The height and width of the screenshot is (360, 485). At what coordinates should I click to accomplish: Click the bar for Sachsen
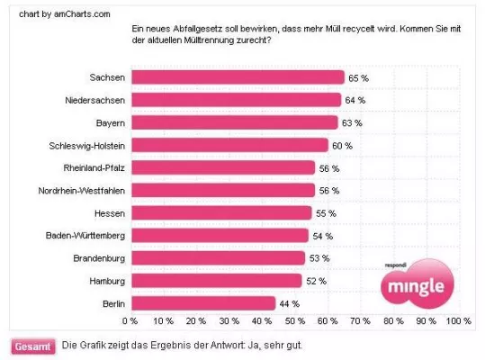[238, 77]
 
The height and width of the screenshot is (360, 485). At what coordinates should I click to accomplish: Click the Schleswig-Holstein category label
[86, 145]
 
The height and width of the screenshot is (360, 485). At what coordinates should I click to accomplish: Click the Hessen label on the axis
[108, 213]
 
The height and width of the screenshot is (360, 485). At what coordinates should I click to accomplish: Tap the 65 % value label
[359, 78]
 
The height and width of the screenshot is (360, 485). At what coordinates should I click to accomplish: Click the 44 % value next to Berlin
[290, 304]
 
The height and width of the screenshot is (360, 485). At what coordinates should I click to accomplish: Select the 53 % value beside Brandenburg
[319, 258]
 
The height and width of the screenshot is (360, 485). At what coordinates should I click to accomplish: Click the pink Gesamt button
[31, 346]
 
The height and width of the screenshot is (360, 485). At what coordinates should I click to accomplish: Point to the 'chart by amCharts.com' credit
[46, 13]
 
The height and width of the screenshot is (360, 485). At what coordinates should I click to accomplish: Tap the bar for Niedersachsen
[236, 100]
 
